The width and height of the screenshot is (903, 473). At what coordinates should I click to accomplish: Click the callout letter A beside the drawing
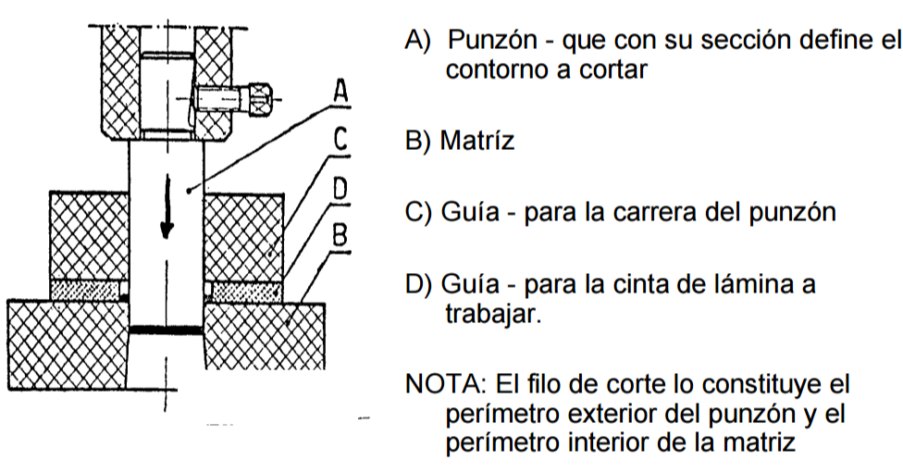click(x=340, y=91)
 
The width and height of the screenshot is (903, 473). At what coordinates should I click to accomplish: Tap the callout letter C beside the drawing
click(x=340, y=140)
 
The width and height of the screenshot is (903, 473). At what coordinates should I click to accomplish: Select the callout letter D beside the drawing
click(x=340, y=190)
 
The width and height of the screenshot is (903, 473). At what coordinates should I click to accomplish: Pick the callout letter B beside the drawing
click(x=341, y=235)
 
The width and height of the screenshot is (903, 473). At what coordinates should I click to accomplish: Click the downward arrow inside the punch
click(x=167, y=209)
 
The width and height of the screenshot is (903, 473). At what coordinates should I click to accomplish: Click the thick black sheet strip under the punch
click(x=166, y=330)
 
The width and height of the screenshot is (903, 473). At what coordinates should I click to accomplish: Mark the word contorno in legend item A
click(x=497, y=68)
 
